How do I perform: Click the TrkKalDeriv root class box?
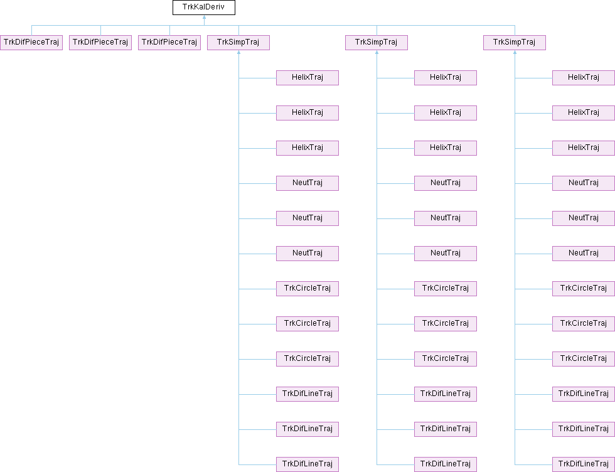[204, 8]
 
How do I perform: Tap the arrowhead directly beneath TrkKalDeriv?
[204, 18]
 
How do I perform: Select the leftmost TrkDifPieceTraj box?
[31, 43]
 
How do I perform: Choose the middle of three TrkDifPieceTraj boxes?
[100, 43]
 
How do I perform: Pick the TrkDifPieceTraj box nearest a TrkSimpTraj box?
[169, 43]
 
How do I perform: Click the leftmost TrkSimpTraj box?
[238, 43]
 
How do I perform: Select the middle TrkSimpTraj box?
[377, 43]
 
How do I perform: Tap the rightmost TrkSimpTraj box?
[515, 43]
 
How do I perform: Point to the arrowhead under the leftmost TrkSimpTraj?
[238, 53]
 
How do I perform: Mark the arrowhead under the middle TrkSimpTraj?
[377, 53]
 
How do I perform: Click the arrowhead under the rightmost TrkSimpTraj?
[515, 53]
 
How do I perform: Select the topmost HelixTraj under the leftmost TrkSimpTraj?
[307, 78]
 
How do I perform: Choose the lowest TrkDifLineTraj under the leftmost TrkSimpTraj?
[307, 464]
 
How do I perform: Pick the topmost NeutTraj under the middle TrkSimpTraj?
[446, 183]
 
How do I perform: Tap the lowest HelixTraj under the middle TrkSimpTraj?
[446, 148]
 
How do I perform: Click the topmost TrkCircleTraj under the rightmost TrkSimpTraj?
[583, 289]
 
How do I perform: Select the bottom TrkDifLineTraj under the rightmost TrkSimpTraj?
[583, 464]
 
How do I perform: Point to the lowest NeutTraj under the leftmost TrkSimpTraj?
[307, 254]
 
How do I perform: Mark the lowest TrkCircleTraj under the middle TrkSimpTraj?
[446, 359]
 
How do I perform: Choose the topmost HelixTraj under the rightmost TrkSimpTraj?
[583, 78]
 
